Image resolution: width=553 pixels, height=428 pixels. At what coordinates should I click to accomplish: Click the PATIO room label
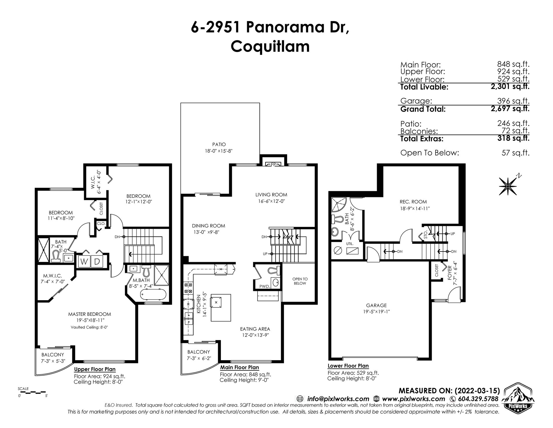(219, 144)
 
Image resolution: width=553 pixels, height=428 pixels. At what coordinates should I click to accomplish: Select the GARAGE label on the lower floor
(376, 305)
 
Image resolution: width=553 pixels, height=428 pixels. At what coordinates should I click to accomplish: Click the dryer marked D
(97, 261)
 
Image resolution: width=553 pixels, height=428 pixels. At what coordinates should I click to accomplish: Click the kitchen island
(221, 307)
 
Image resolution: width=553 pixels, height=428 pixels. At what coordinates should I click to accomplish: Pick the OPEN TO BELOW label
(300, 281)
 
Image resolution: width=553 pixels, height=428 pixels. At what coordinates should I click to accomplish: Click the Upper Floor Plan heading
(95, 369)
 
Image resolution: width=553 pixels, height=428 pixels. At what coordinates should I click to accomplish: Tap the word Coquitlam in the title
(270, 46)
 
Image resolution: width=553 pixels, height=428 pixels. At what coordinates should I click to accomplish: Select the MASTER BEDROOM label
(89, 314)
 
